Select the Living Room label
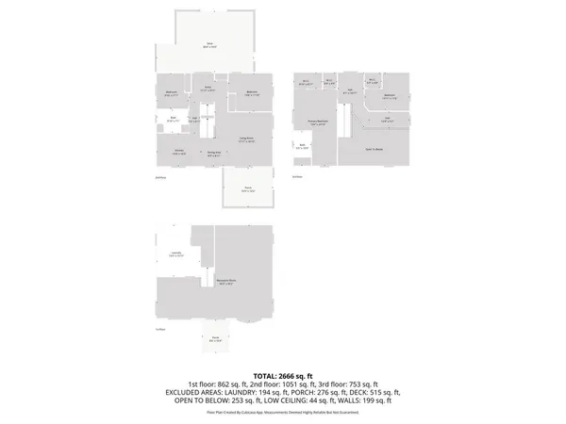(x=248, y=139)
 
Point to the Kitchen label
(x=177, y=151)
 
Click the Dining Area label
(x=214, y=153)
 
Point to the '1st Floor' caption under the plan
(x=160, y=330)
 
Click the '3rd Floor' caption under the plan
(x=297, y=176)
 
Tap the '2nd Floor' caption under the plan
(x=160, y=176)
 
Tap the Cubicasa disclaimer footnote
(x=283, y=413)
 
